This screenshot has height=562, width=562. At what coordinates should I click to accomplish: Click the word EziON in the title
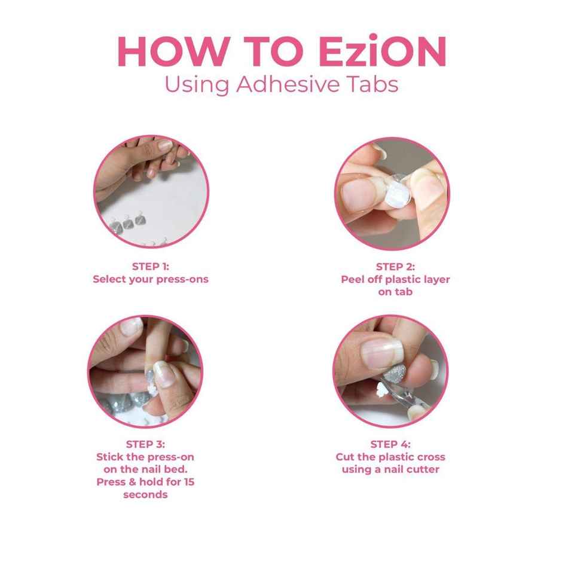(x=383, y=51)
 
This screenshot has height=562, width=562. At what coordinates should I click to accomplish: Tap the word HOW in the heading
(x=173, y=51)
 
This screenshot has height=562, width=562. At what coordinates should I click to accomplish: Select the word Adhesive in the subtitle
(x=288, y=84)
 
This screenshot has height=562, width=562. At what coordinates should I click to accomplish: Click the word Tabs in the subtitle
(x=372, y=84)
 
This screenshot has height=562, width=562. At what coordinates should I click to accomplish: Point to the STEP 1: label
(x=151, y=267)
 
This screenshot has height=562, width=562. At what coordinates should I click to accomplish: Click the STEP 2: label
(x=395, y=267)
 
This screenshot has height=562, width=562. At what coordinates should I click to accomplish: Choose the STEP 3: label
(x=145, y=444)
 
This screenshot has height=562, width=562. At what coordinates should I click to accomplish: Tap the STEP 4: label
(x=390, y=444)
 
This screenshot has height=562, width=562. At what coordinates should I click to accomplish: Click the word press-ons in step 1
(x=185, y=280)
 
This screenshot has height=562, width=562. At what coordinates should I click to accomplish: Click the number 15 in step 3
(x=189, y=482)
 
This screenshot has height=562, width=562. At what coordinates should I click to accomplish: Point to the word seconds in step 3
(x=145, y=494)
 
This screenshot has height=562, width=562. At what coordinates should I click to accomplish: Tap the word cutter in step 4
(x=424, y=469)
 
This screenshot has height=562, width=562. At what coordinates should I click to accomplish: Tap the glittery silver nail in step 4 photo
(x=394, y=373)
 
